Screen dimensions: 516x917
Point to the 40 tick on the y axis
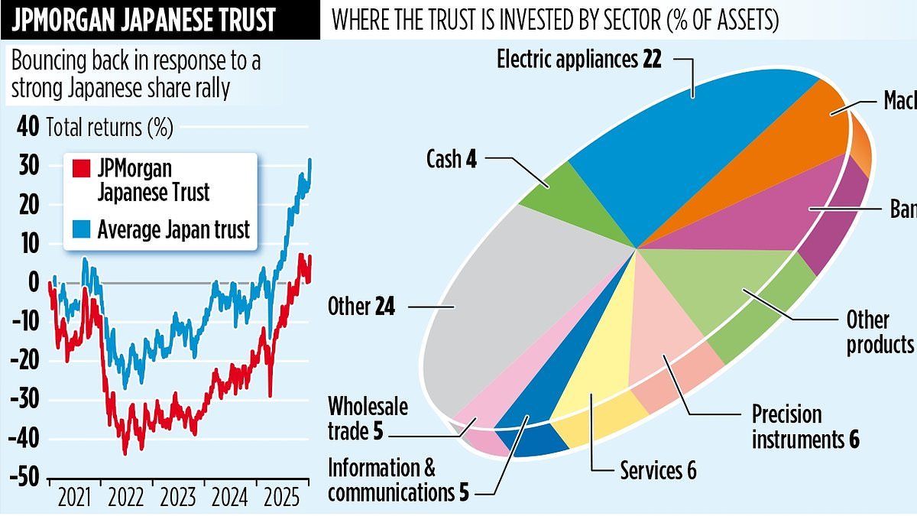tap(28, 127)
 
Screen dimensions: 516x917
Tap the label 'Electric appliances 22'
tap(578, 60)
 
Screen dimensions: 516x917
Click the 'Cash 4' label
tap(452, 159)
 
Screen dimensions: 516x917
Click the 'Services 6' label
tap(658, 470)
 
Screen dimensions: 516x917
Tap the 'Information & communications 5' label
tap(398, 479)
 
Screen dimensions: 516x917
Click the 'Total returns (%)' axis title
tap(110, 127)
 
